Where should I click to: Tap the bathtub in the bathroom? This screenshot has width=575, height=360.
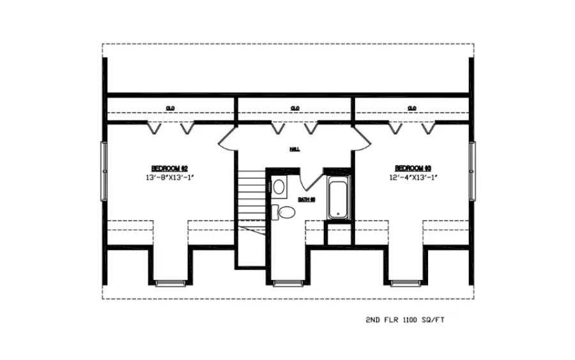[337, 198]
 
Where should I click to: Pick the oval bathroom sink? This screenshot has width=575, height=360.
[279, 187]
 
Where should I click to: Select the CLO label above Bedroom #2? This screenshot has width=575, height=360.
[171, 108]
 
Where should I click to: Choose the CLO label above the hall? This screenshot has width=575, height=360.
[295, 108]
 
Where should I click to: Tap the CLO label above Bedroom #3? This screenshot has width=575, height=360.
[412, 108]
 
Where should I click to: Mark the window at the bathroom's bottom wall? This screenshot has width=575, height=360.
[289, 282]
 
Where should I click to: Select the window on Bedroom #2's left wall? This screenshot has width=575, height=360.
[104, 171]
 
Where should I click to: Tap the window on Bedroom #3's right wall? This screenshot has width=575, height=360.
[472, 171]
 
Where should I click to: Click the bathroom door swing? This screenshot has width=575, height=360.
[310, 180]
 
